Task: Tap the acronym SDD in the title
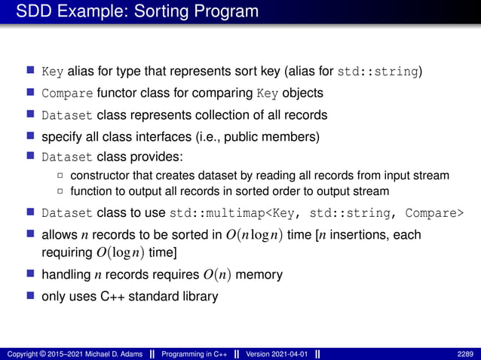[x=34, y=12]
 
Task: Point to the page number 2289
[x=464, y=353]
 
